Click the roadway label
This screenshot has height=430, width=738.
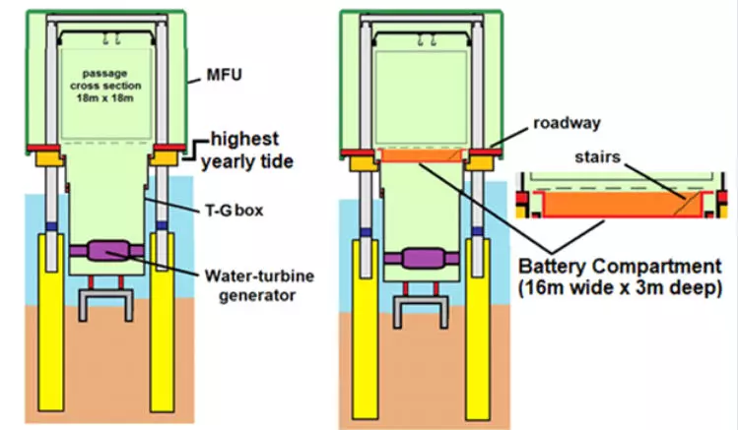(x=561, y=124)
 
